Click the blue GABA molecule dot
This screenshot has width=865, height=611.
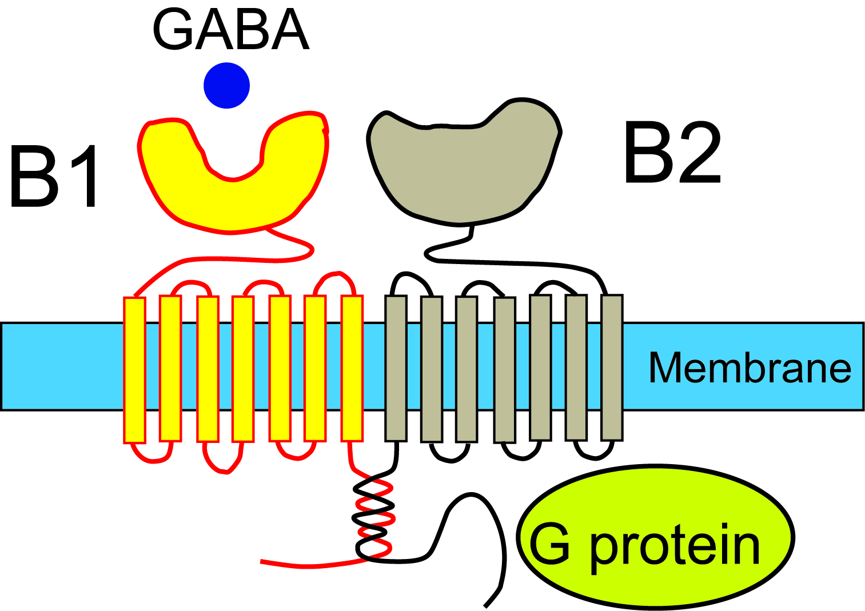pyautogui.click(x=226, y=86)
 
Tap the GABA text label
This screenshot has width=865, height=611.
pyautogui.click(x=230, y=30)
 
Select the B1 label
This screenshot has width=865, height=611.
pyautogui.click(x=54, y=177)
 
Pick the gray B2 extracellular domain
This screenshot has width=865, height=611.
pyautogui.click(x=457, y=171)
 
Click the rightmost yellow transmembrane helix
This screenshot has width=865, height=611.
pyautogui.click(x=352, y=369)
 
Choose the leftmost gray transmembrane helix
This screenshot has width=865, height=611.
pyautogui.click(x=396, y=369)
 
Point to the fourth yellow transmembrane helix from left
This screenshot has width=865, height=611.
pyautogui.click(x=243, y=369)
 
